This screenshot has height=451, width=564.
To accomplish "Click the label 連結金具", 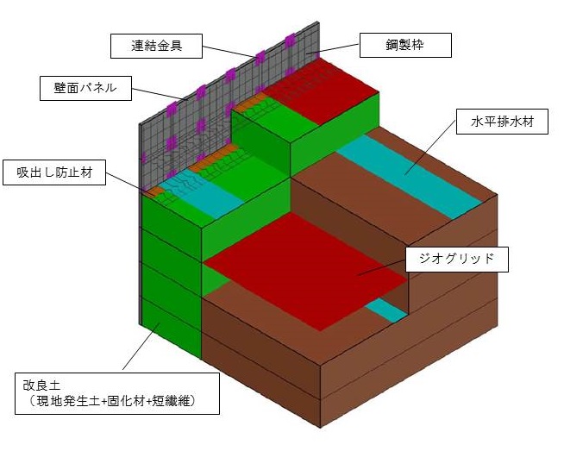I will pyautogui.click(x=156, y=45).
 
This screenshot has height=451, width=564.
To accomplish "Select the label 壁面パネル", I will pyautogui.click(x=85, y=87).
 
